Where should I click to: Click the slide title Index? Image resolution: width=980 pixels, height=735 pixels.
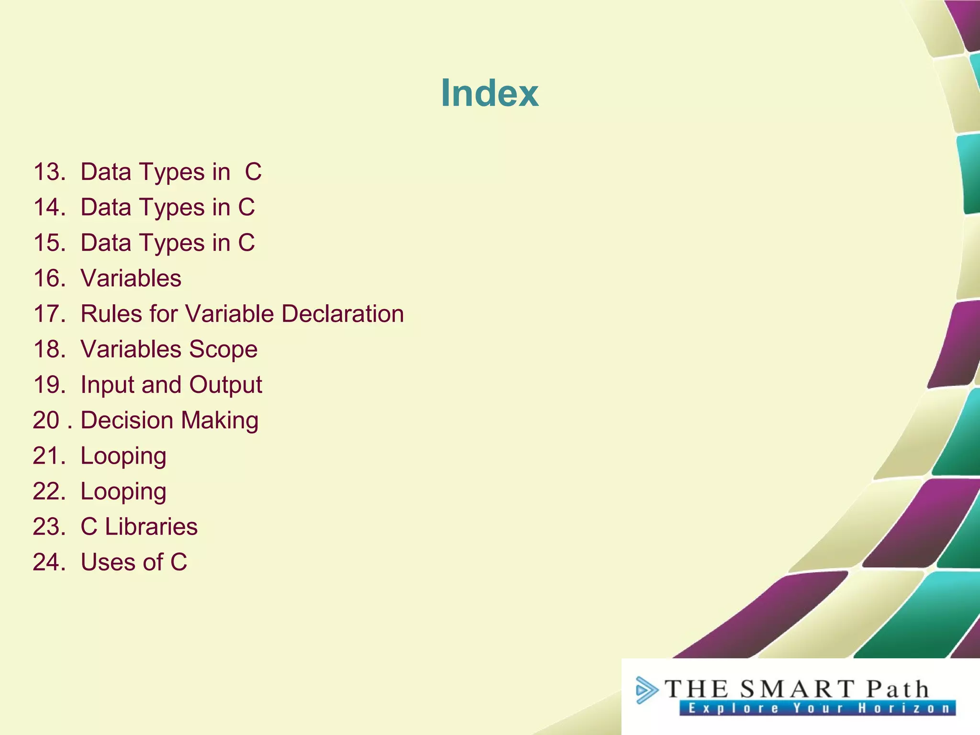click(x=490, y=93)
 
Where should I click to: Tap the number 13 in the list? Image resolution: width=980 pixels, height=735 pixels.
click(x=48, y=172)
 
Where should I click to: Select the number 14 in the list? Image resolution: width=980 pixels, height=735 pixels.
click(x=48, y=207)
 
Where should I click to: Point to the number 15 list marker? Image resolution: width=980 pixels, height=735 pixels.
click(x=48, y=243)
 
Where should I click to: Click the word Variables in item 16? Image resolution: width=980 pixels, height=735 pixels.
click(x=131, y=278)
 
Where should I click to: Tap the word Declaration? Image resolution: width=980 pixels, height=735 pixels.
click(x=343, y=314)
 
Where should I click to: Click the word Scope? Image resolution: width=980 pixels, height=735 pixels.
click(x=223, y=349)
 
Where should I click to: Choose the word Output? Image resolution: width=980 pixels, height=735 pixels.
click(x=225, y=385)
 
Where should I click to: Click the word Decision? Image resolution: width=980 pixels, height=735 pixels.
click(x=127, y=420)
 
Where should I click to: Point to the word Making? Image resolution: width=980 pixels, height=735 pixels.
click(x=220, y=420)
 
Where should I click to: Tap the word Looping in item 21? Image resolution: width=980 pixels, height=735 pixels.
click(x=123, y=456)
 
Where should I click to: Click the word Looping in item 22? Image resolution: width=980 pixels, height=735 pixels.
click(x=123, y=491)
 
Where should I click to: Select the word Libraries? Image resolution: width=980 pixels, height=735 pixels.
click(x=151, y=526)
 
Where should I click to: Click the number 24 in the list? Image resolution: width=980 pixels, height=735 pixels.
click(x=48, y=562)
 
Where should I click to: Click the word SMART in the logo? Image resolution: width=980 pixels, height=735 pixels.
click(x=797, y=690)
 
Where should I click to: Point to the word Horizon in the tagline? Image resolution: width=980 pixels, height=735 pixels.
click(x=903, y=708)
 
